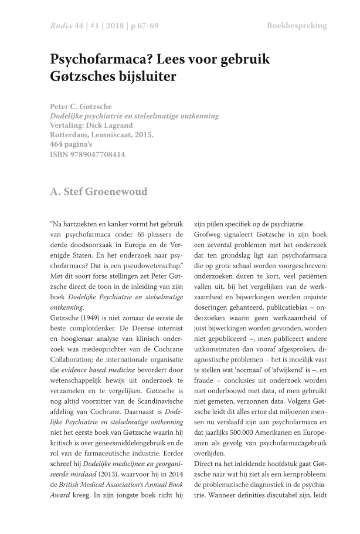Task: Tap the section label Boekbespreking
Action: (x=297, y=26)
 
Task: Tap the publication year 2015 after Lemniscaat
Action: (x=144, y=135)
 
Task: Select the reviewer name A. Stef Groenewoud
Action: (x=99, y=191)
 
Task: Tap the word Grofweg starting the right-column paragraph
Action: (x=206, y=234)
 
